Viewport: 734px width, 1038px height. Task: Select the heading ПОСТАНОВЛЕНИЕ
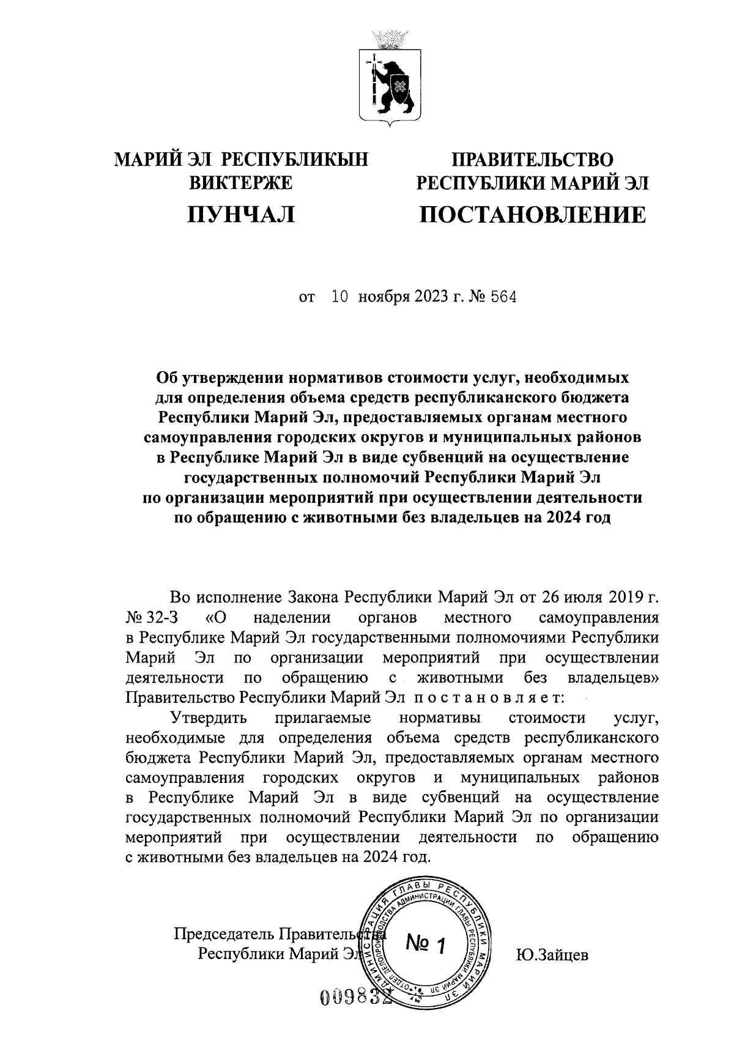pos(532,215)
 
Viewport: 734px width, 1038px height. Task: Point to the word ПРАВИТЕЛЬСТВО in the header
pos(532,160)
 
